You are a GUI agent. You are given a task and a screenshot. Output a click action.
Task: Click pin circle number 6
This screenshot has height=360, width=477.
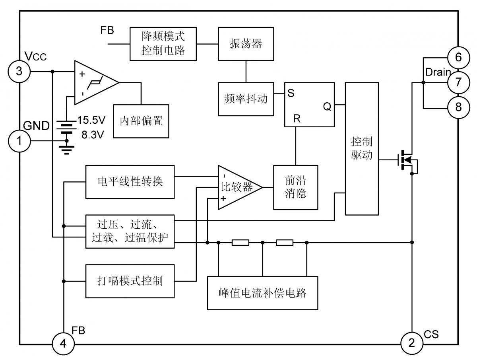[458, 58]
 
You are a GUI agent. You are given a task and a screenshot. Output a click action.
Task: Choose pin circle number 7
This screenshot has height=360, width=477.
[458, 82]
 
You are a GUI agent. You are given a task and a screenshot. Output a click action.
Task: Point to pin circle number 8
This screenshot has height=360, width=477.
[458, 108]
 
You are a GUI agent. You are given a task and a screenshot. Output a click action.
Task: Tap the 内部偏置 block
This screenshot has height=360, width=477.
[141, 121]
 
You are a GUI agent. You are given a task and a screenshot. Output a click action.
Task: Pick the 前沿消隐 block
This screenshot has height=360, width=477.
[296, 187]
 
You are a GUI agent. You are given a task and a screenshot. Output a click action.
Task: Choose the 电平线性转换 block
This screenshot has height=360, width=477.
[130, 182]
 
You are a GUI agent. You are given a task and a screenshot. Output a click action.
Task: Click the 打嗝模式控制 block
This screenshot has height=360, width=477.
[130, 280]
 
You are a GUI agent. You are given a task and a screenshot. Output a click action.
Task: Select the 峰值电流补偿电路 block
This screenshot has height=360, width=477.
[263, 293]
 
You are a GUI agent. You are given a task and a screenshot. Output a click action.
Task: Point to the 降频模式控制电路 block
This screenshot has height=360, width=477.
[163, 44]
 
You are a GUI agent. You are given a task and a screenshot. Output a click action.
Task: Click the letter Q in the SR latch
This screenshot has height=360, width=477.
[327, 107]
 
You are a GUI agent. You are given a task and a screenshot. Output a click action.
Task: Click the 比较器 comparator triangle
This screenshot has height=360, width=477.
[238, 187]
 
